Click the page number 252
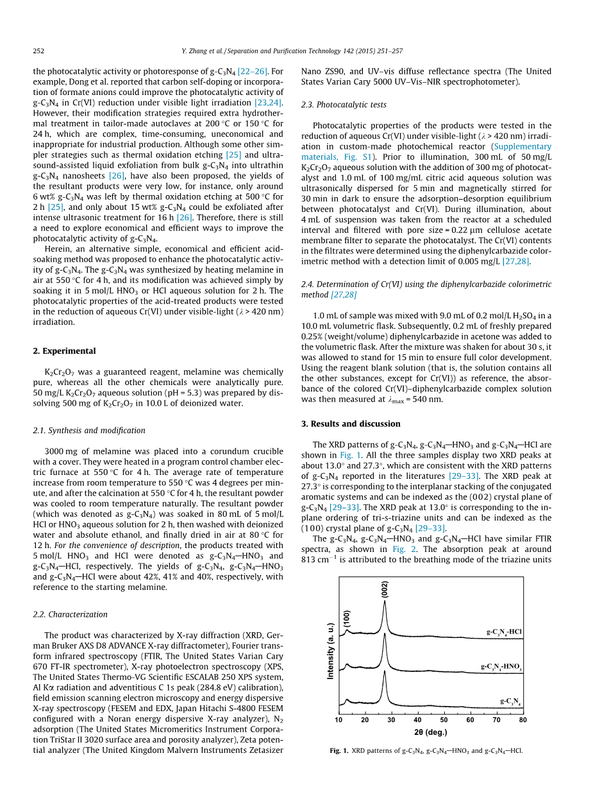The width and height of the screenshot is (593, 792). [x=38, y=51]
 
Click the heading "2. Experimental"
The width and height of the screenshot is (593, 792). [x=64, y=351]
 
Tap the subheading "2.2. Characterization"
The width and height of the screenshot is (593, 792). [x=70, y=614]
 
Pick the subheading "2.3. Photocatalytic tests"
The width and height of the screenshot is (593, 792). [x=344, y=105]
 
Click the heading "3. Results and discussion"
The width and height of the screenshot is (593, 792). [x=351, y=424]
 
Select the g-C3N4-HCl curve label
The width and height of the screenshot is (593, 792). [x=504, y=632]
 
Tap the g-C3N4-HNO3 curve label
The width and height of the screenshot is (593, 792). [x=501, y=667]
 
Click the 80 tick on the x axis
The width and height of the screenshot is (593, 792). [x=522, y=720]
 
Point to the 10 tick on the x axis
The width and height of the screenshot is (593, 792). [x=338, y=720]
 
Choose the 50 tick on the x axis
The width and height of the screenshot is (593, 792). [x=444, y=720]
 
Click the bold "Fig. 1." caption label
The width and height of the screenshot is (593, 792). [x=338, y=750]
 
